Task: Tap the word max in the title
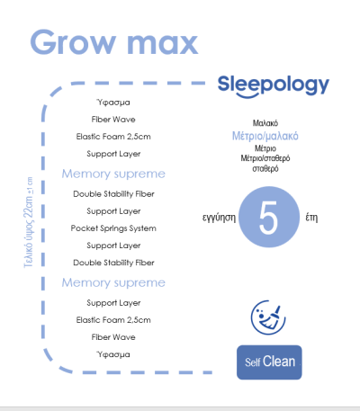[x=162, y=44]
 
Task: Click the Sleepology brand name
[x=274, y=85]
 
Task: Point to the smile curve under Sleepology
[x=247, y=95]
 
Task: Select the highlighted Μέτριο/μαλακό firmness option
[x=265, y=136]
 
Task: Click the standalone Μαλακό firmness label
[x=265, y=123]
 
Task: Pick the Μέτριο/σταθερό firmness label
[x=265, y=158]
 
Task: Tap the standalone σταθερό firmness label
[x=265, y=168]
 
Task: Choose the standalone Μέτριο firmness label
[x=265, y=148]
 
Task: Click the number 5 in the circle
[x=268, y=218]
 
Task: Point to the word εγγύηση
[x=219, y=218]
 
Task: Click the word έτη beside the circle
[x=311, y=218]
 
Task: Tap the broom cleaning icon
[x=268, y=317]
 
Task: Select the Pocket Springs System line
[x=113, y=228]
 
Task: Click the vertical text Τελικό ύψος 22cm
[x=28, y=232]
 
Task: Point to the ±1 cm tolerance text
[x=30, y=185]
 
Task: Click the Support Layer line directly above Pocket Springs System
[x=113, y=211]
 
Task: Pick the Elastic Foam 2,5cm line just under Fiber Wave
[x=113, y=137]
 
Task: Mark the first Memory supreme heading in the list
[x=113, y=174]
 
